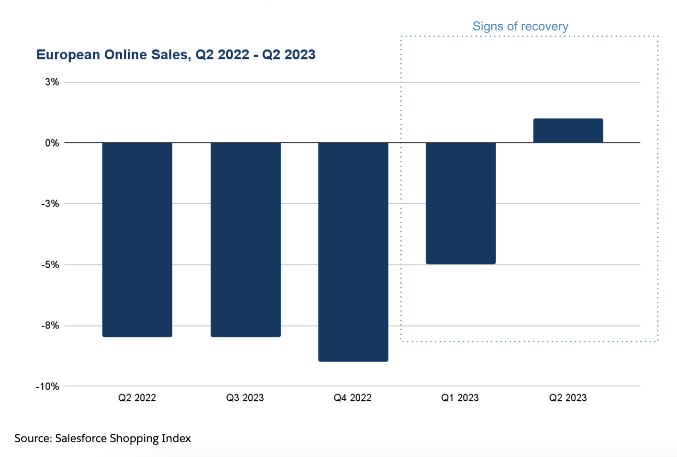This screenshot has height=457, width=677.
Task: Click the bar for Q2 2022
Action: [x=137, y=239]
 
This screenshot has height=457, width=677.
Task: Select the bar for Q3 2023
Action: [x=246, y=239]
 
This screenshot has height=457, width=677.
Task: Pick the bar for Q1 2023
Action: [x=461, y=203]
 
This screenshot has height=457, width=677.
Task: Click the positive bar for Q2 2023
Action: [x=568, y=130]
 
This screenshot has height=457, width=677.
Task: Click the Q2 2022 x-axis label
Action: [x=137, y=398]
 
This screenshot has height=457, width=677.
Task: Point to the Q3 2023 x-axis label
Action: [x=245, y=398]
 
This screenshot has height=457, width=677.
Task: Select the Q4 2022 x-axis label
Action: [x=353, y=398]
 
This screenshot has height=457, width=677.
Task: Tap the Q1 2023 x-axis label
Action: [x=460, y=398]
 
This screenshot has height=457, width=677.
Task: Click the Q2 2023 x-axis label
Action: [x=568, y=398]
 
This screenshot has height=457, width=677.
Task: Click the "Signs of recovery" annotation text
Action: [x=520, y=26]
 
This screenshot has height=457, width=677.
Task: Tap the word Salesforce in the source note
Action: [x=80, y=438]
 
